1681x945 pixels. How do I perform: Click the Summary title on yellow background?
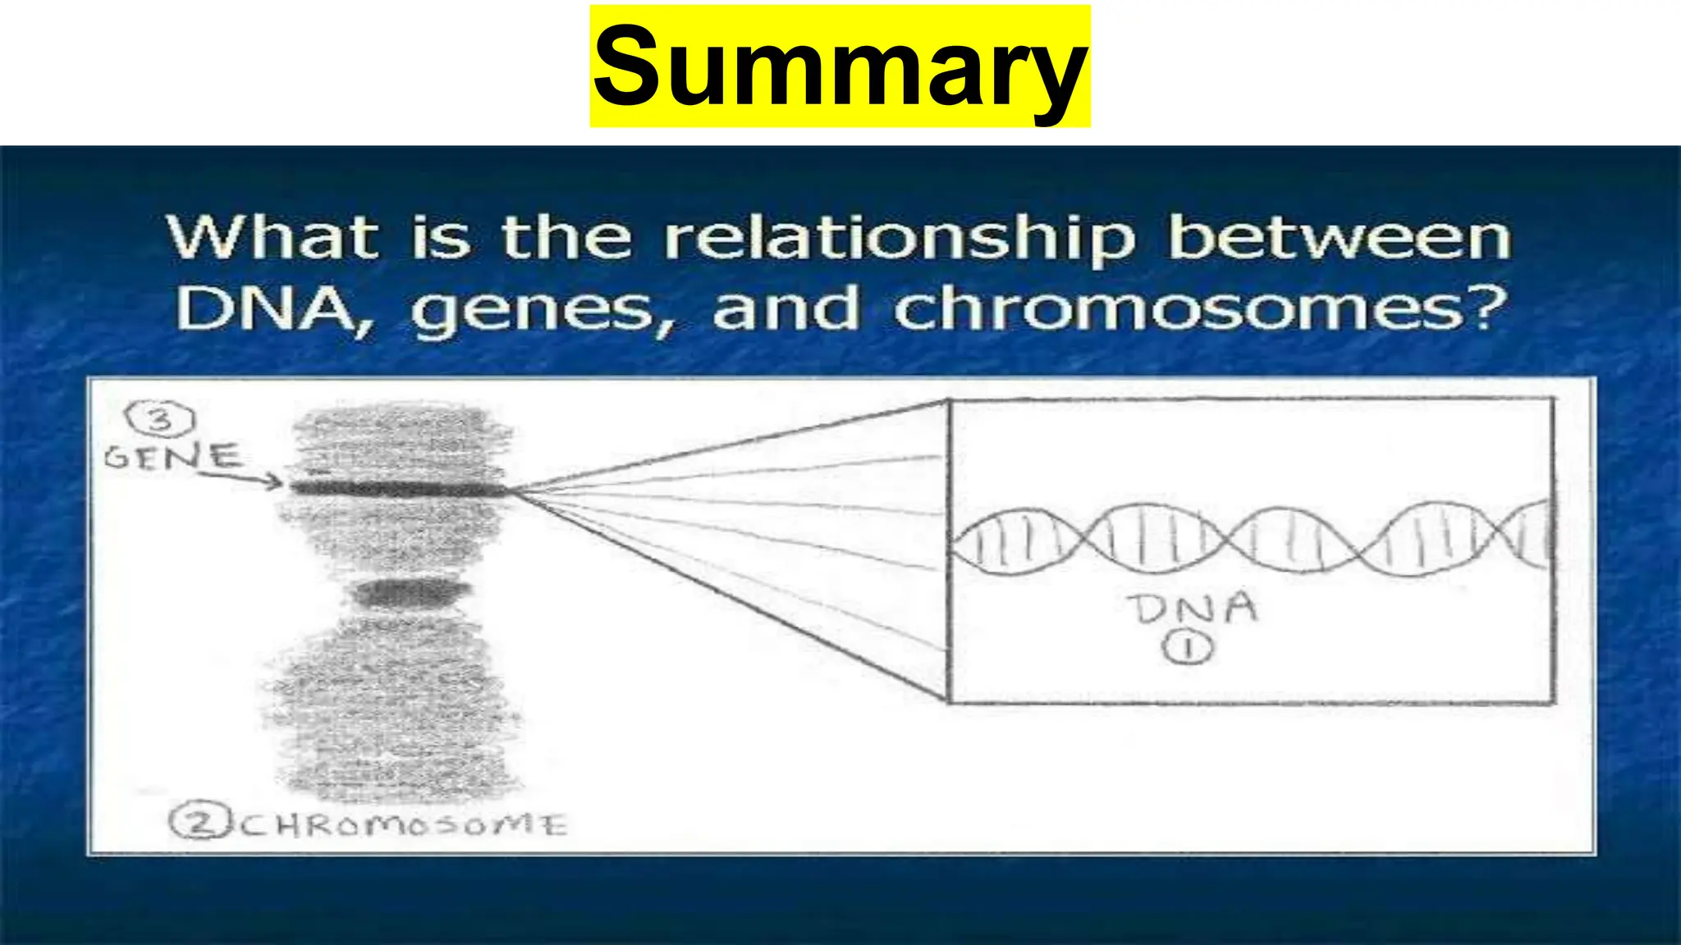[840, 66]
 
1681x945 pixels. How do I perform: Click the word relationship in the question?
[900, 239]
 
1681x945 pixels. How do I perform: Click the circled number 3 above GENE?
[160, 420]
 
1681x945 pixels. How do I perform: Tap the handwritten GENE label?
[172, 455]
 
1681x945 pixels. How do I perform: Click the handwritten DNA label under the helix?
[1192, 609]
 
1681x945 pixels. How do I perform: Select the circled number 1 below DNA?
[1187, 649]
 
